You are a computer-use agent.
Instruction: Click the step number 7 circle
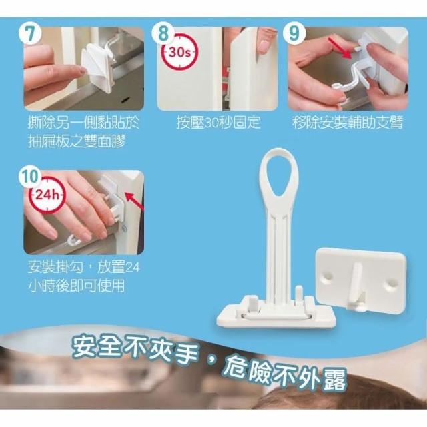point(30,33)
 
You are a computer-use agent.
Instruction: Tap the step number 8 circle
point(163,33)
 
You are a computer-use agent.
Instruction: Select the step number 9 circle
point(294,33)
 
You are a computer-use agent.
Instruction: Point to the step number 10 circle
point(31,177)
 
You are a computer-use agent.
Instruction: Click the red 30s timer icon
point(180,52)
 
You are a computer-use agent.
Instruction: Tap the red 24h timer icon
point(47,195)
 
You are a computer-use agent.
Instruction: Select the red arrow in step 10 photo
point(134,202)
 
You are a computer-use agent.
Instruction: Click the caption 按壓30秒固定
point(218,123)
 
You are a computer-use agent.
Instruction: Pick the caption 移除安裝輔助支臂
point(348,123)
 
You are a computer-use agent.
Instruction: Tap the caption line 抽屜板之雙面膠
point(77,141)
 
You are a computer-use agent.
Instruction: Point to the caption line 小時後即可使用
point(77,286)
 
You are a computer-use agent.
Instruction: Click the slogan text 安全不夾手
point(134,350)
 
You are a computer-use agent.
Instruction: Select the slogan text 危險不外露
point(284,375)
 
